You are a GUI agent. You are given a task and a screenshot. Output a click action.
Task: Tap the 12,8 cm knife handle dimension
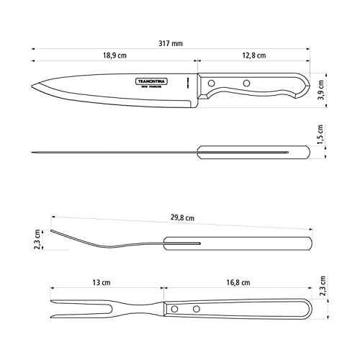(x=253, y=55)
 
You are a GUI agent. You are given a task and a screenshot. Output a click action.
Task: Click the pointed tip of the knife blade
(x=32, y=89)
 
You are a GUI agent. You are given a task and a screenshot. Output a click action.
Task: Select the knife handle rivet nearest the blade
(x=212, y=84)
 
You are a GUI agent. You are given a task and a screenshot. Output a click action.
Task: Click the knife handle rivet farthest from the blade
(x=246, y=84)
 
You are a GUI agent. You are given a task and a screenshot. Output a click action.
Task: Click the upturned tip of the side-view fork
(x=52, y=231)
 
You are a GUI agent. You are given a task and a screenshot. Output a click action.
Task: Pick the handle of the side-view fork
(x=238, y=244)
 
